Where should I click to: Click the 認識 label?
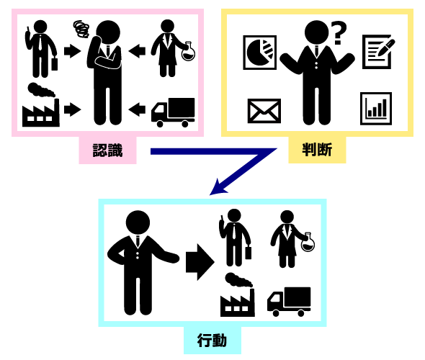[107, 150]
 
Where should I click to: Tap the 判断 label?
[317, 150]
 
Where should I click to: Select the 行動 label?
[212, 341]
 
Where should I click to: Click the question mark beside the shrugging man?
[339, 33]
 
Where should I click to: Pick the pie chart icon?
[259, 53]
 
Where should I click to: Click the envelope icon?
[264, 111]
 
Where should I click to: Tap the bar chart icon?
[376, 108]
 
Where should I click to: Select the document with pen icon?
[378, 51]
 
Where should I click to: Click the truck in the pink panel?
[173, 112]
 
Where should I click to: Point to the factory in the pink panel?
[40, 105]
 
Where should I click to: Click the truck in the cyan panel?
[289, 302]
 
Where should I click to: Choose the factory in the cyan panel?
[238, 294]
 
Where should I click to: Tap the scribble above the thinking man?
[81, 29]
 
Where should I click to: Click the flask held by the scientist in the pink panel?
[188, 51]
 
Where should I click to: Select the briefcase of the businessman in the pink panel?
[55, 63]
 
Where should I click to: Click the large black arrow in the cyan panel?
[200, 262]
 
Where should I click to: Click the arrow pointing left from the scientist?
[137, 50]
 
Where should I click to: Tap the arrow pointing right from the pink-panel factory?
[72, 109]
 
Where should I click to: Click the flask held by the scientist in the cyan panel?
[308, 242]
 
